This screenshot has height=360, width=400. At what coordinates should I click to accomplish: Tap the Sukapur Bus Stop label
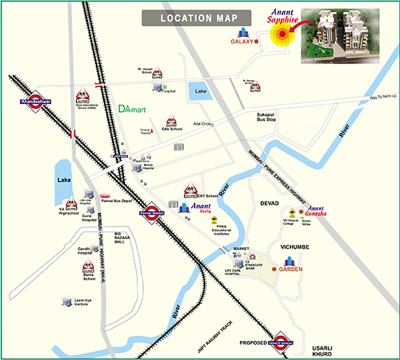[x=272, y=119]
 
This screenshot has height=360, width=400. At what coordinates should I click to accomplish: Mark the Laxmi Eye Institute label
[x=86, y=304]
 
